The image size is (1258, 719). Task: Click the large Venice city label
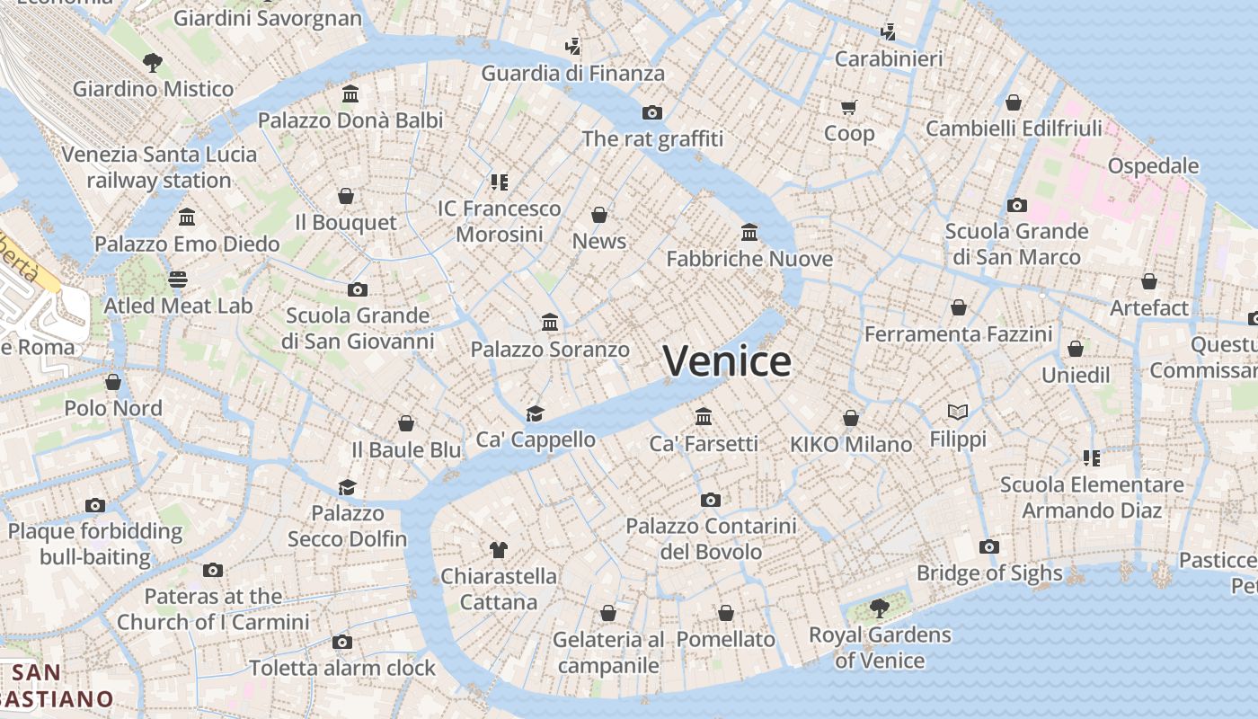(x=727, y=360)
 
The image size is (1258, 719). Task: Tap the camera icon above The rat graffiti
(x=652, y=112)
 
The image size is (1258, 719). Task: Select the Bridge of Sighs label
(x=988, y=573)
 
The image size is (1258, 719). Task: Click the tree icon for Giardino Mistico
(x=153, y=62)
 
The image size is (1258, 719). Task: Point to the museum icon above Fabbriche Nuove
(x=749, y=233)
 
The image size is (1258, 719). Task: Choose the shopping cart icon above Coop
(x=848, y=108)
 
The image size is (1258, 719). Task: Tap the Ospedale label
(x=1153, y=165)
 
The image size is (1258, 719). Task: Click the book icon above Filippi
(x=958, y=413)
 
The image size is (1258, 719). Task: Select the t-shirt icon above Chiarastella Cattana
(x=499, y=549)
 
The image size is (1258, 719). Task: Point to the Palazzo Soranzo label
(x=550, y=349)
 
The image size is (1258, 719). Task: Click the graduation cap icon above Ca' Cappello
(x=536, y=413)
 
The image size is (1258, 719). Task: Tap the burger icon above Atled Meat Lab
(x=178, y=280)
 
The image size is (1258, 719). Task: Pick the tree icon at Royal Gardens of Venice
(x=880, y=608)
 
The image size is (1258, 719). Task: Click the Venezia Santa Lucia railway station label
(x=159, y=167)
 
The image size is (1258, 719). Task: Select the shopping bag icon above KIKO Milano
(x=851, y=418)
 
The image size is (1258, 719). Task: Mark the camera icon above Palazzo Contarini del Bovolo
(x=711, y=500)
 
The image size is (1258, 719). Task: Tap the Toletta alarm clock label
(x=342, y=668)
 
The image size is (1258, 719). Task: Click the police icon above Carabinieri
(x=889, y=33)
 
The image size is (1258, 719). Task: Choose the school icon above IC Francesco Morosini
(x=500, y=182)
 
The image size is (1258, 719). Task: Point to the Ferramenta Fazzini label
(x=958, y=334)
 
